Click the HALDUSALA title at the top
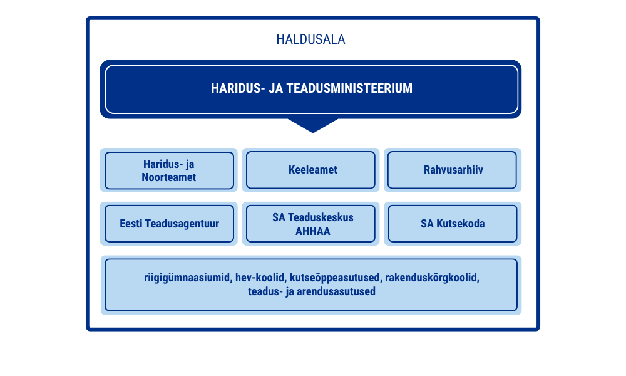pyautogui.click(x=310, y=39)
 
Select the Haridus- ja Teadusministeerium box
pyautogui.click(x=311, y=89)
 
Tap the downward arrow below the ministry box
pyautogui.click(x=313, y=125)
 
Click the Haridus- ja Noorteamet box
pyautogui.click(x=169, y=170)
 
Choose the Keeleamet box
pyautogui.click(x=310, y=170)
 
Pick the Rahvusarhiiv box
pyautogui.click(x=453, y=170)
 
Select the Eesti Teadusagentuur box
pyautogui.click(x=169, y=223)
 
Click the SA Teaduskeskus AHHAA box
pyautogui.click(x=310, y=223)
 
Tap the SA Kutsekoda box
pyautogui.click(x=453, y=223)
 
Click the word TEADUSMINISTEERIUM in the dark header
pyautogui.click(x=349, y=88)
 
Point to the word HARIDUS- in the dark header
pyautogui.click(x=238, y=88)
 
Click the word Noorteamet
pyautogui.click(x=169, y=177)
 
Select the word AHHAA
pyautogui.click(x=313, y=231)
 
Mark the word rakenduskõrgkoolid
pyautogui.click(x=433, y=278)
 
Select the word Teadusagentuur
pyautogui.click(x=182, y=224)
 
